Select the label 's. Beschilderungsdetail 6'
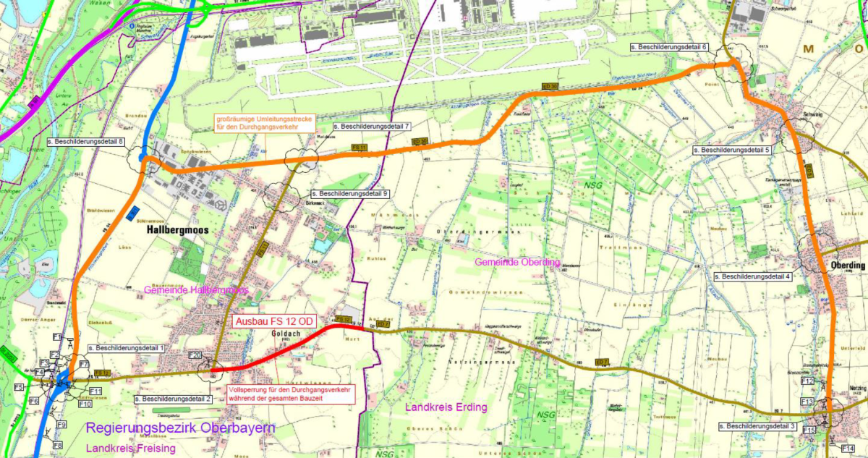[x=668, y=46]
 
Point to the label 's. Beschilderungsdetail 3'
[x=757, y=427]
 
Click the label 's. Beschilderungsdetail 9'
[x=350, y=194]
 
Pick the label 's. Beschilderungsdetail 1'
[x=127, y=348]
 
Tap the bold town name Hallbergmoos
[x=176, y=229]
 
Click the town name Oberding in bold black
[x=848, y=266]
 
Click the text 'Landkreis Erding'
[x=447, y=407]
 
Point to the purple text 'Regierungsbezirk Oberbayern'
[x=180, y=428]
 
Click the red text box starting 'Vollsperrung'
[x=291, y=394]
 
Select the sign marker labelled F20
[x=195, y=355]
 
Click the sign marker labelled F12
[x=807, y=381]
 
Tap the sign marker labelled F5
[x=19, y=387]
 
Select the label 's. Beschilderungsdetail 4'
[x=752, y=276]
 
